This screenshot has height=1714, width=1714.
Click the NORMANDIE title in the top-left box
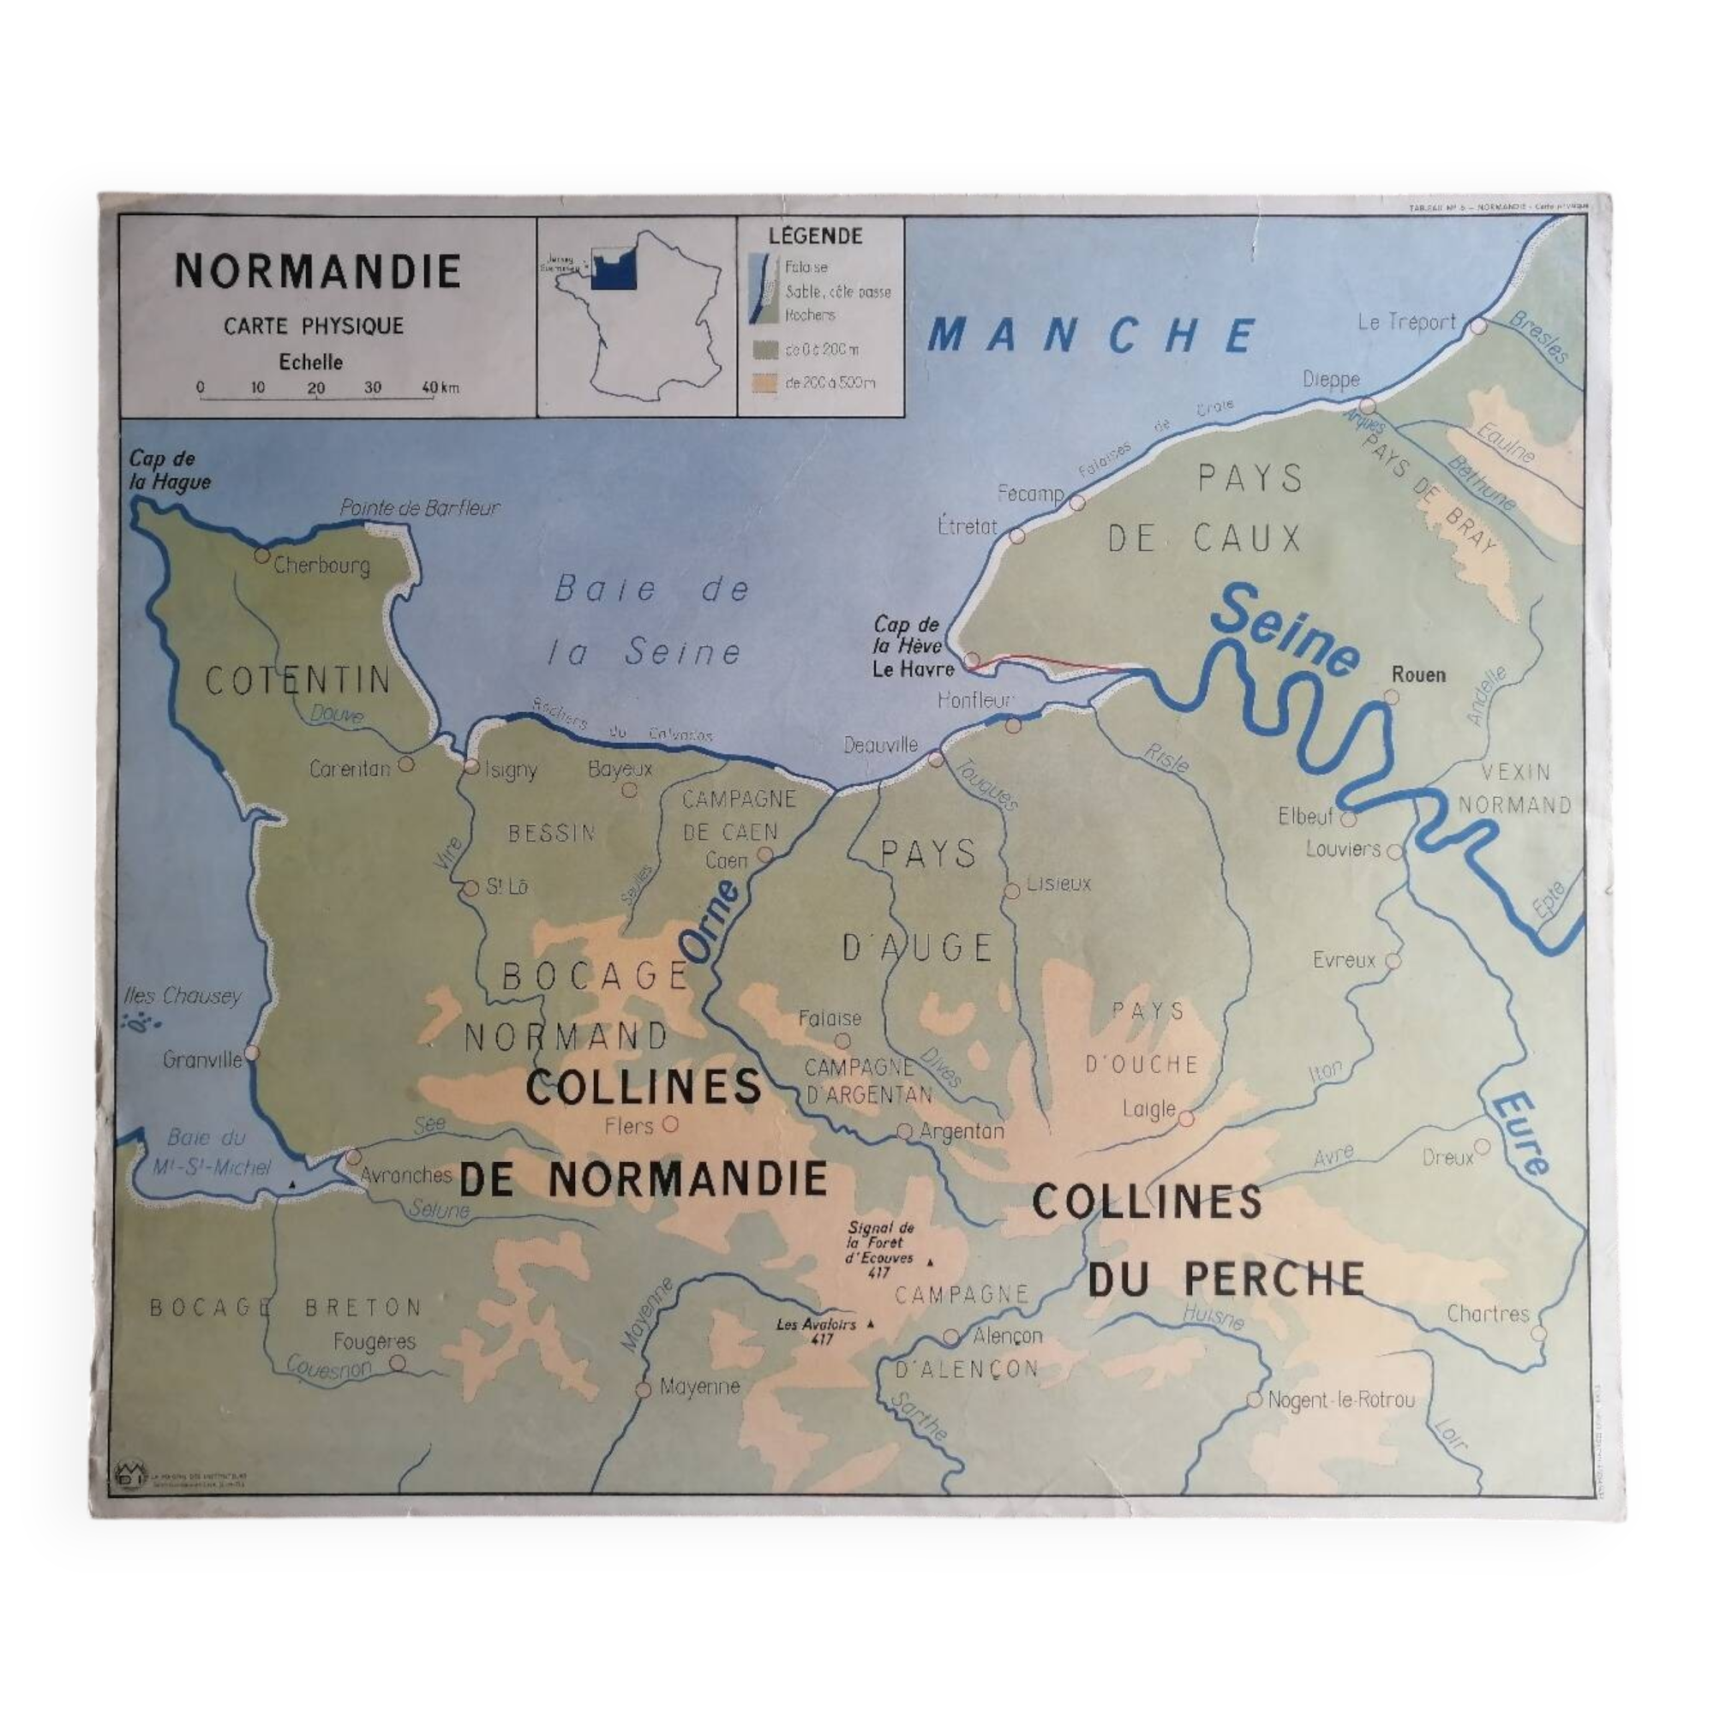(318, 272)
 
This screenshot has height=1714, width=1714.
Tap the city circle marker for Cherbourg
(261, 555)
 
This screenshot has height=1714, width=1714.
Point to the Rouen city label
(1418, 675)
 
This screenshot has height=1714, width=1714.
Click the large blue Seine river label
(1285, 632)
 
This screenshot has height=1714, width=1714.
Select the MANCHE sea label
(1091, 336)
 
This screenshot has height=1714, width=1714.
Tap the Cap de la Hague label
(170, 471)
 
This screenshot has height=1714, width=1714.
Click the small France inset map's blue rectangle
(613, 267)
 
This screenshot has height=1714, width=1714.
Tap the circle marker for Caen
(764, 855)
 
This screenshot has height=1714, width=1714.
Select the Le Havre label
(913, 670)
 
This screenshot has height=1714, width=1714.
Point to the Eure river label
(1522, 1135)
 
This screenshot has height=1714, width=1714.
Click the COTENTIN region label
(298, 680)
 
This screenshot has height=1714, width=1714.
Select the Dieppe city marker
(1367, 406)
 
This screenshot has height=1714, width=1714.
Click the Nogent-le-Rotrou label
(1341, 1401)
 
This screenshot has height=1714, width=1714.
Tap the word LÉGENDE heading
(815, 236)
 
